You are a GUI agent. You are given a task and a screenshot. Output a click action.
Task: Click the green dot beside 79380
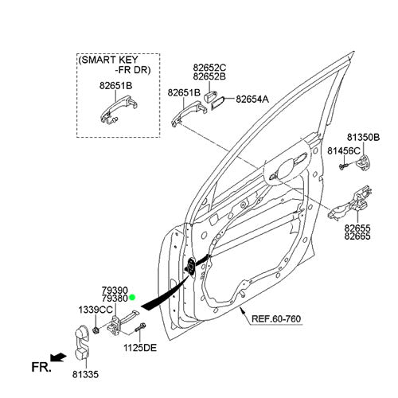[132, 298]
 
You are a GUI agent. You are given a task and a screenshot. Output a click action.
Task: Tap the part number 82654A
[252, 99]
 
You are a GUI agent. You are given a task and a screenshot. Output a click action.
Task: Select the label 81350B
[363, 138]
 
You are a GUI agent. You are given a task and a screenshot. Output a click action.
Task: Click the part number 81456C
[344, 151]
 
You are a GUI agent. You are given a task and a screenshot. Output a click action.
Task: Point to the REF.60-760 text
[276, 318]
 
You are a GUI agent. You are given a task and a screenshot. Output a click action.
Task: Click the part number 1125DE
[140, 348]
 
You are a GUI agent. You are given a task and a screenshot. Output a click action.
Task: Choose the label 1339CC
[96, 310]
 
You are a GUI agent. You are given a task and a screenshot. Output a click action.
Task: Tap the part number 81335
[85, 374]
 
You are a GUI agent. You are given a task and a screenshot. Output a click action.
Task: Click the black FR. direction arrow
[58, 357]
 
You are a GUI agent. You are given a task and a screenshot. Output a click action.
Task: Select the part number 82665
[357, 236]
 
